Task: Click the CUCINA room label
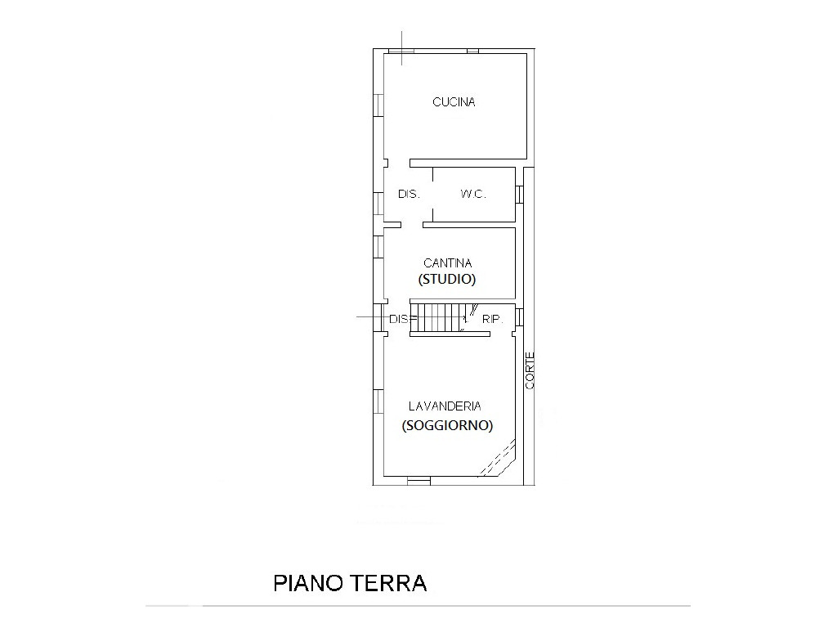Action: (454, 102)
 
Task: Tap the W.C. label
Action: (473, 195)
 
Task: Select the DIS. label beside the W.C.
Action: (409, 195)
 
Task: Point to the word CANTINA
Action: (447, 262)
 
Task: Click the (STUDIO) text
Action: (447, 279)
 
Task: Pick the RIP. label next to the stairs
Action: (492, 320)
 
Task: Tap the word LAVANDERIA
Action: (445, 406)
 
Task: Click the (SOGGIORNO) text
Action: (447, 425)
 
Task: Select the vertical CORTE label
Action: (530, 370)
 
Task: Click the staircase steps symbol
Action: (438, 318)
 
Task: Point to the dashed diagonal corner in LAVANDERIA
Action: (498, 457)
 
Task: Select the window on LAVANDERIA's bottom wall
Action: (418, 481)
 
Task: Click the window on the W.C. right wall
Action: (519, 195)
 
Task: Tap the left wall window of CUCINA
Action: (378, 105)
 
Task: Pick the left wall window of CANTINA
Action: (378, 247)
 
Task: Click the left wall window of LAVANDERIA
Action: (378, 401)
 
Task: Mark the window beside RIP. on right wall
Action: (519, 316)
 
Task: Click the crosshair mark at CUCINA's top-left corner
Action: (402, 50)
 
